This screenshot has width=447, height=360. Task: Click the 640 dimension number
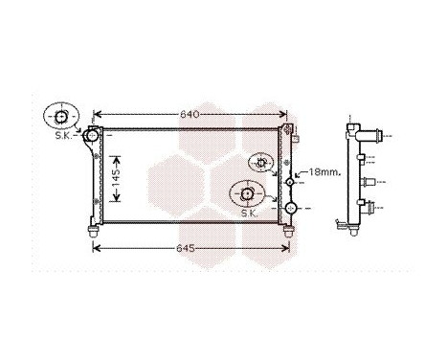point(190,115)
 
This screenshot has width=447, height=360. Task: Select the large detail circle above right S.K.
point(247,194)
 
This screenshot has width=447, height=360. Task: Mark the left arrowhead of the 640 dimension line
point(98,115)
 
